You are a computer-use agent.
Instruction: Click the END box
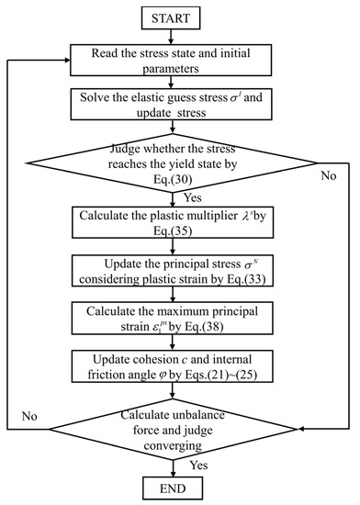[x=179, y=486]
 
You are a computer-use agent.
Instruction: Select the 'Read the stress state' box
[x=179, y=62]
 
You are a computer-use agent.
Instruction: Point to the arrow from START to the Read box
[x=179, y=39]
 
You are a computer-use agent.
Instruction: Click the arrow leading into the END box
[x=179, y=466]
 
